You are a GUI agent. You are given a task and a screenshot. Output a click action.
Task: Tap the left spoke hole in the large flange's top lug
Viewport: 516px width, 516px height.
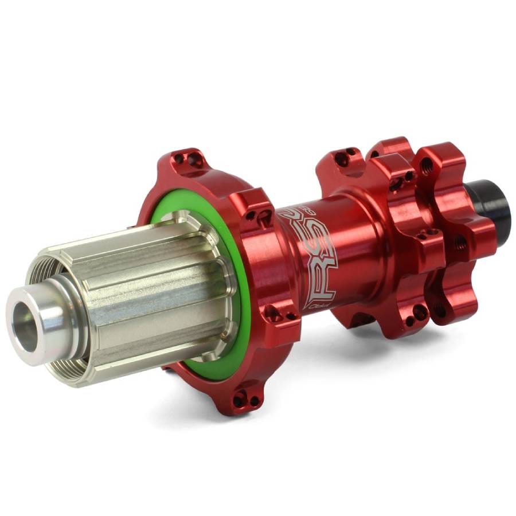tap(179, 157)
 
